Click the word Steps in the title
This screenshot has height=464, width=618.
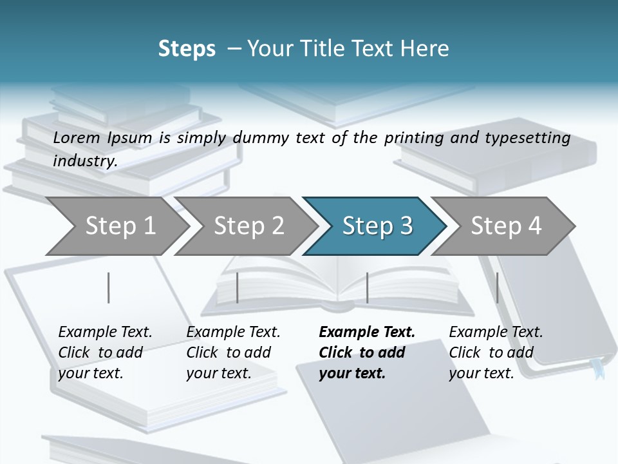point(187,49)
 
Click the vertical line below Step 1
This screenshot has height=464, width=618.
point(108,287)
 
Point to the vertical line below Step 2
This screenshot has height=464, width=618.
point(238,287)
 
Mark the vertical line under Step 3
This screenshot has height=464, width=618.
point(367,287)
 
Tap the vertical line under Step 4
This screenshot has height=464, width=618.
point(497,287)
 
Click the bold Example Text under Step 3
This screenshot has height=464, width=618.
point(367,333)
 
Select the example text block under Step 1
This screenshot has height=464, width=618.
point(105,353)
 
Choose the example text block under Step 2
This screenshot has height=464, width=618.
point(233,353)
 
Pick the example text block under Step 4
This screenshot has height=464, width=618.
point(496,353)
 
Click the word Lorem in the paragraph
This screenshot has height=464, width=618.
point(77,138)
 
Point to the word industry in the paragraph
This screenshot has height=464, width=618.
point(84,161)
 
